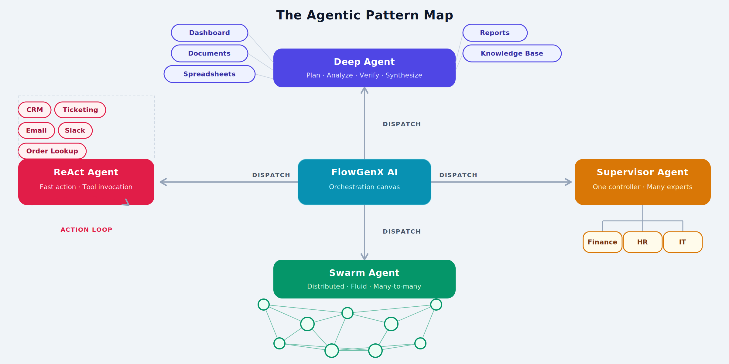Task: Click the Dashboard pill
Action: (x=210, y=33)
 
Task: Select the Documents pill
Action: (x=210, y=53)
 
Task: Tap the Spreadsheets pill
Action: (x=210, y=74)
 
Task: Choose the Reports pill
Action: (x=495, y=33)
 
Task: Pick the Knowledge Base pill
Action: (x=512, y=53)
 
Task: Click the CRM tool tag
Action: (x=35, y=110)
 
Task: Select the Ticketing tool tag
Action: (x=80, y=110)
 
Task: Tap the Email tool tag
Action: (x=36, y=130)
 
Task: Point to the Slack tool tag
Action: (x=75, y=130)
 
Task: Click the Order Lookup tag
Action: (x=52, y=151)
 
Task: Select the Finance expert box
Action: (x=602, y=242)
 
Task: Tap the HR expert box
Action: (x=642, y=242)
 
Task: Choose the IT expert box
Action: (x=683, y=242)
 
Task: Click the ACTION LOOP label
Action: (x=87, y=230)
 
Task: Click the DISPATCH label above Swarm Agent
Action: (x=402, y=232)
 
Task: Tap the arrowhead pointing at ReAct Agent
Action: (x=163, y=182)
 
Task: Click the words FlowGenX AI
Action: (x=364, y=172)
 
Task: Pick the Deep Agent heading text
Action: (x=364, y=62)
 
